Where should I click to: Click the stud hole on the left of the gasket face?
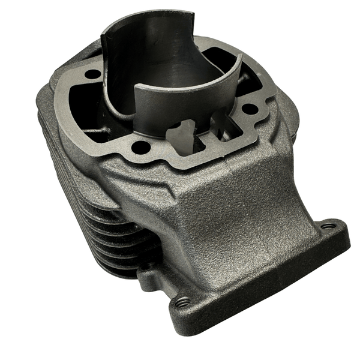pyautogui.click(x=94, y=74)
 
